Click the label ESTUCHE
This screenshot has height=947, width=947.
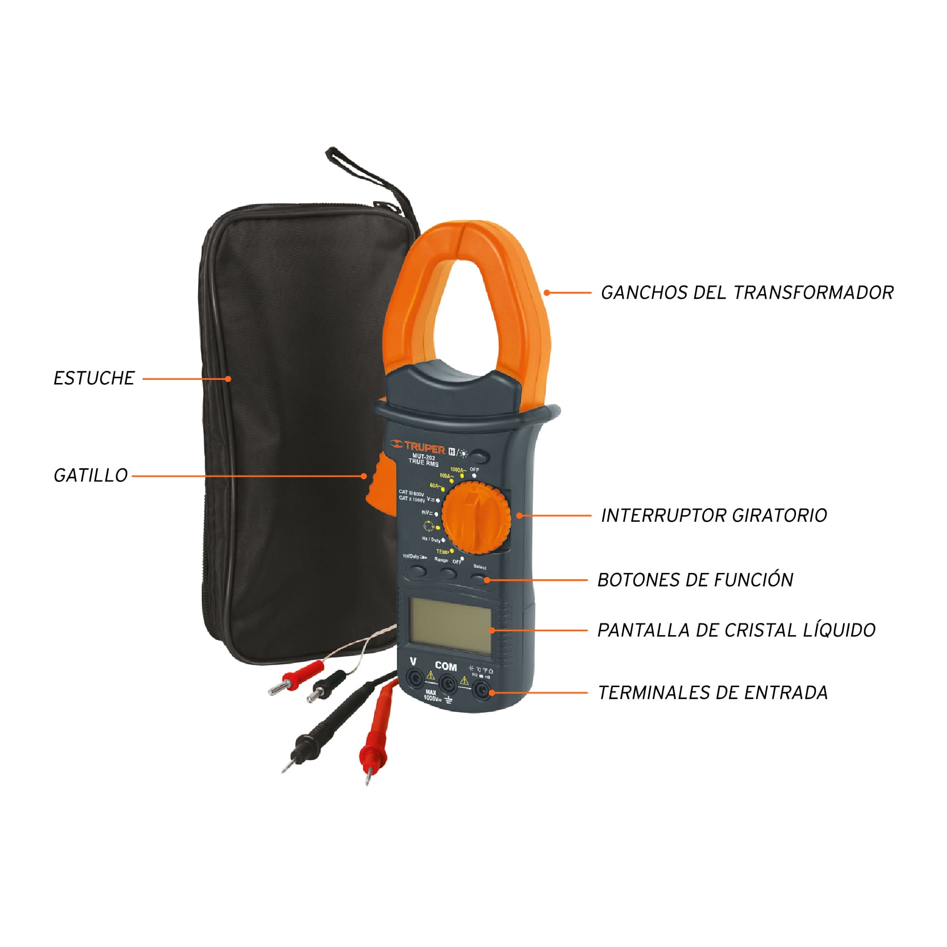pyautogui.click(x=94, y=378)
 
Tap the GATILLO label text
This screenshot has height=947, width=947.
pyautogui.click(x=90, y=476)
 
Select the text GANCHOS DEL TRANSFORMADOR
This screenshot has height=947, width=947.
pyautogui.click(x=747, y=293)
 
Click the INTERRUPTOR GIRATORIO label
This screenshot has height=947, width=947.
pyautogui.click(x=714, y=515)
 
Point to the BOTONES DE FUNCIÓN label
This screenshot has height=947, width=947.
pyautogui.click(x=695, y=580)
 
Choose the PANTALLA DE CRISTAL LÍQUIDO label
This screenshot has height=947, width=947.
pyautogui.click(x=736, y=630)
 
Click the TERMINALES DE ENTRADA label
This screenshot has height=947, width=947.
pyautogui.click(x=713, y=692)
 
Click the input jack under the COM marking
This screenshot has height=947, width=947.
pyautogui.click(x=448, y=684)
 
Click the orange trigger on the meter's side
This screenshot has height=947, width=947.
pyautogui.click(x=378, y=481)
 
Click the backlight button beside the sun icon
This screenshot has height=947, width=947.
pyautogui.click(x=479, y=456)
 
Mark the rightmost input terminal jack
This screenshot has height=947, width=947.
pyautogui.click(x=481, y=690)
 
